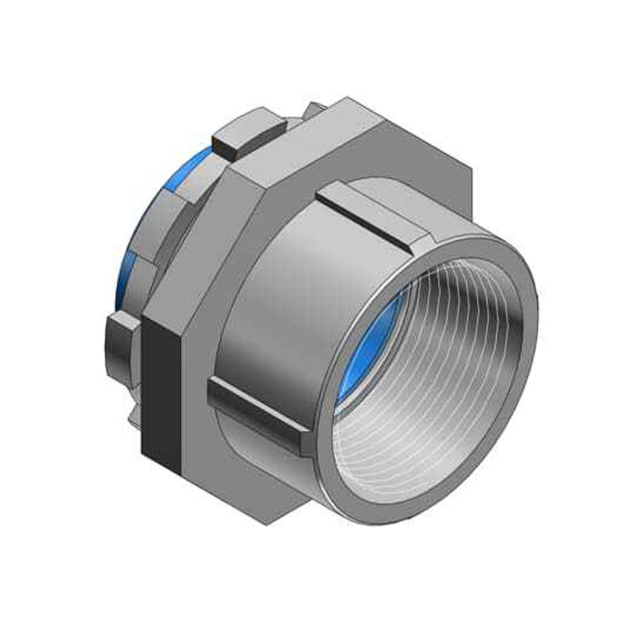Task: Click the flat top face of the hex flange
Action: (362, 131)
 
